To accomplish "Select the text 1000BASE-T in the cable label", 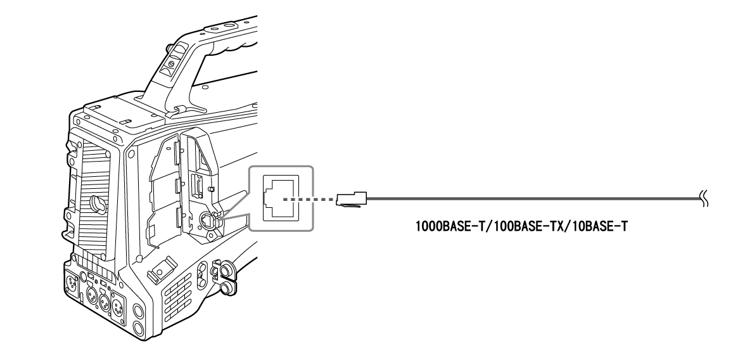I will tap(441, 226).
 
